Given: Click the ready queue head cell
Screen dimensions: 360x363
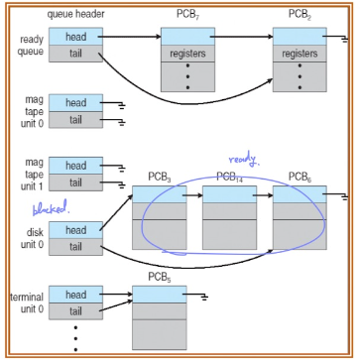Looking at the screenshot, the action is click(x=75, y=37).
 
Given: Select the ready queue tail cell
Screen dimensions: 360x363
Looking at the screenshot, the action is click(x=75, y=54).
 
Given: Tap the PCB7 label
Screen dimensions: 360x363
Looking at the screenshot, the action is click(x=187, y=15).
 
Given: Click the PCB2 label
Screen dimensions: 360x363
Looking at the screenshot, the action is click(x=300, y=15).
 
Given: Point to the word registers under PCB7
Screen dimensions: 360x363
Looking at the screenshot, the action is click(x=187, y=54).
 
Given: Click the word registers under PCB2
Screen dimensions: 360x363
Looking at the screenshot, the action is click(x=300, y=54).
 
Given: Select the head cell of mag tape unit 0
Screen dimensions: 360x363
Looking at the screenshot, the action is click(x=75, y=103).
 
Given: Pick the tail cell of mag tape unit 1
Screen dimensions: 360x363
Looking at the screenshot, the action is click(x=75, y=182).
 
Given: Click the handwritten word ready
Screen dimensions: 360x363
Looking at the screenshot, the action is click(x=243, y=160).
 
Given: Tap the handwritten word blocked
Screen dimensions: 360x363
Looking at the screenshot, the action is click(x=51, y=207).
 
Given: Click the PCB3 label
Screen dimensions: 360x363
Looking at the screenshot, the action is click(x=160, y=178).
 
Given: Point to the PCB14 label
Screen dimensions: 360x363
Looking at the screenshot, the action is click(x=230, y=178).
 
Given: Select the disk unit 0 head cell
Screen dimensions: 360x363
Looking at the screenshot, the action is click(x=75, y=230).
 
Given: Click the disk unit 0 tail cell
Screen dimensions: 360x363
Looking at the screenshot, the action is click(x=75, y=247).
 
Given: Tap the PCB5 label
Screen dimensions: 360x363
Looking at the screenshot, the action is click(x=160, y=278).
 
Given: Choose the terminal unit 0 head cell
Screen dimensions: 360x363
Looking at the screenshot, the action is click(x=75, y=295).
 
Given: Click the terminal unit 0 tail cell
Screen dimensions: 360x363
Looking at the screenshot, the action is click(x=75, y=311).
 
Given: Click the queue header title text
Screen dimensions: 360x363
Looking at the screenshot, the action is click(x=76, y=15).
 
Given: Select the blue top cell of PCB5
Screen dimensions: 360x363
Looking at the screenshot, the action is click(x=160, y=295).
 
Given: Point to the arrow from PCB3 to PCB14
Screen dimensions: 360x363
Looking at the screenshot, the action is click(x=192, y=195).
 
